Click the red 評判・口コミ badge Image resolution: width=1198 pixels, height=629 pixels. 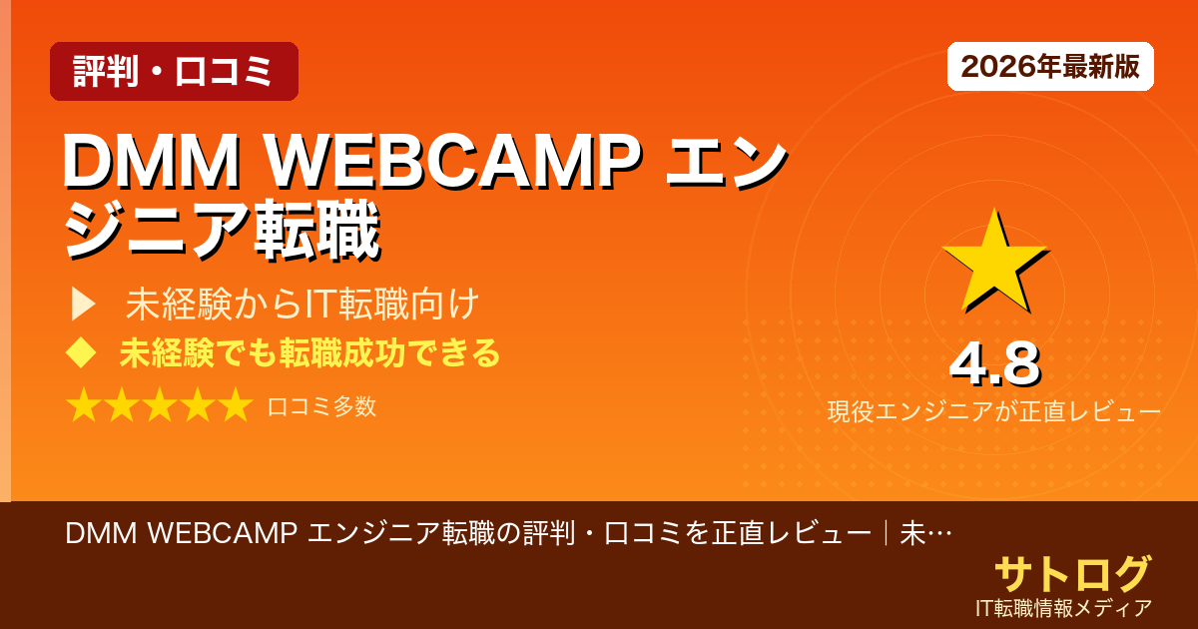coord(174,71)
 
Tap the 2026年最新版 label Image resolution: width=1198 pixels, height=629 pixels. coord(1050,67)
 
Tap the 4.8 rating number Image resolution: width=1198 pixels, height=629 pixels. coord(993,364)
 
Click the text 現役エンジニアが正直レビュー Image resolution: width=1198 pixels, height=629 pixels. coord(993,411)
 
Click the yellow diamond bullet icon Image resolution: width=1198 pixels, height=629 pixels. coord(81,353)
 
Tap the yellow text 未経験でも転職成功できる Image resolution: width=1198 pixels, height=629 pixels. coord(309,353)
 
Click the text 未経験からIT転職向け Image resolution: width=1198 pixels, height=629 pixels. coord(303,305)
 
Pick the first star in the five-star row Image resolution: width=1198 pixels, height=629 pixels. coord(84,406)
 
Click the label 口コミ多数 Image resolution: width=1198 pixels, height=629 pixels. coord(321,406)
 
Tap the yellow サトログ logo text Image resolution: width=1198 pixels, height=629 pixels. coord(1072,573)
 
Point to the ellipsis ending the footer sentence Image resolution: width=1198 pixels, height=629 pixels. coord(938,534)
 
